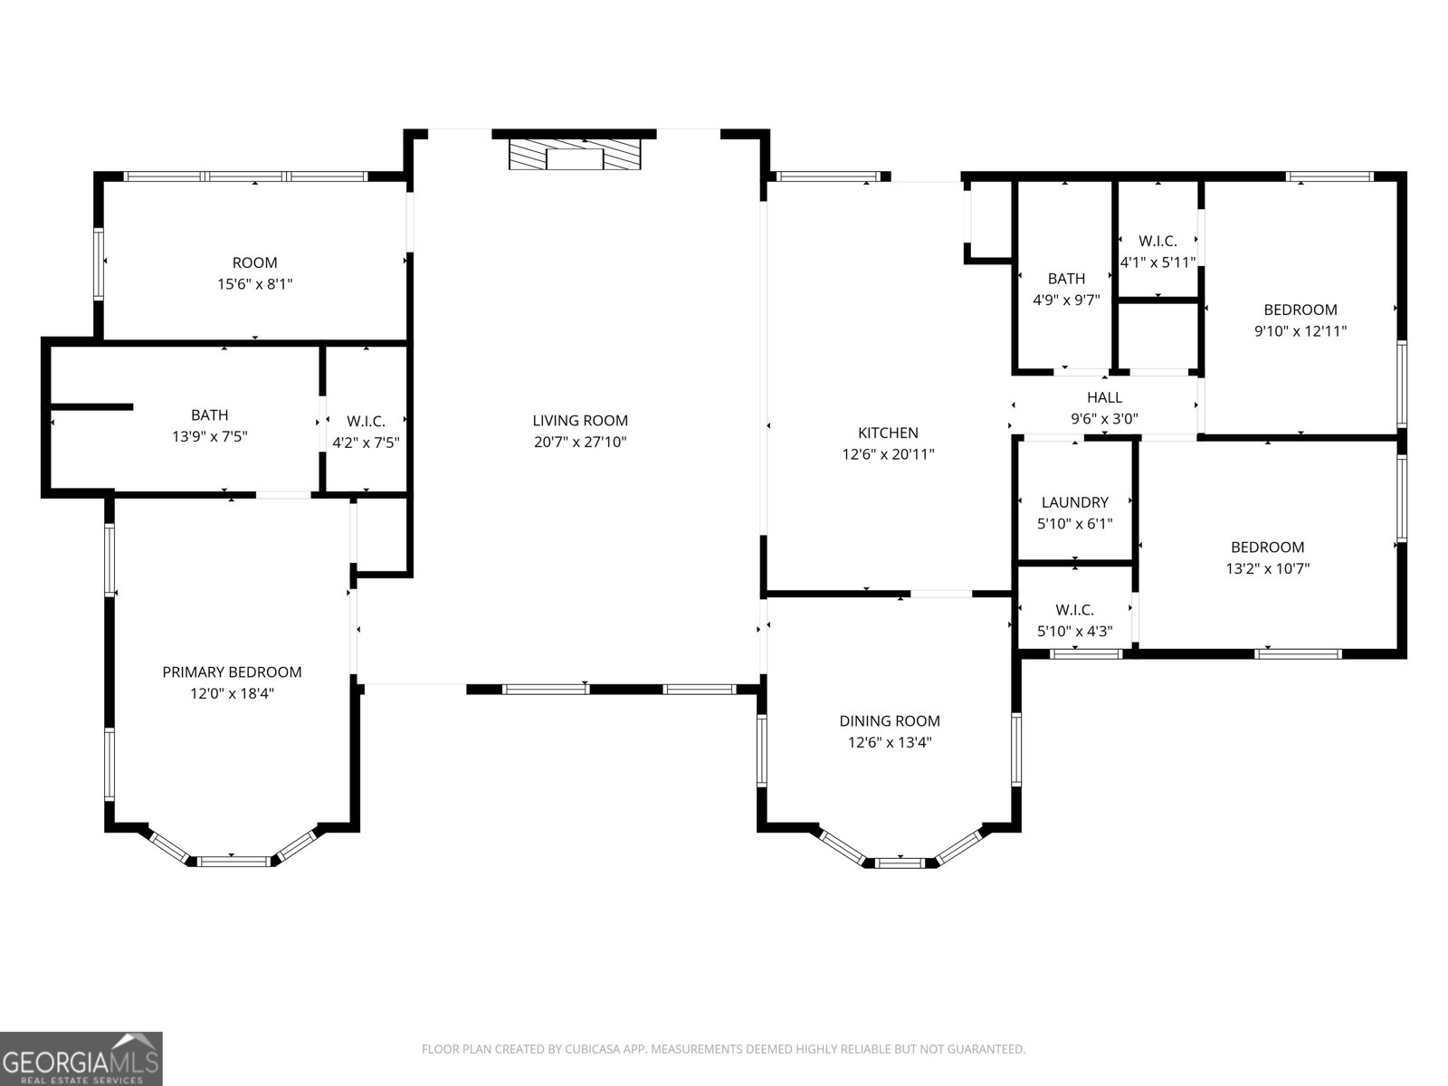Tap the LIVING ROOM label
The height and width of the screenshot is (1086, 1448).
(579, 420)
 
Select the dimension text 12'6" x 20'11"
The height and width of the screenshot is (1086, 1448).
(888, 454)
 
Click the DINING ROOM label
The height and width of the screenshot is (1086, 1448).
(889, 720)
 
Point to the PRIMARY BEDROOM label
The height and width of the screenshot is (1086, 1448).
(232, 672)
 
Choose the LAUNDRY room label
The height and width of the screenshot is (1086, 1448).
(1074, 502)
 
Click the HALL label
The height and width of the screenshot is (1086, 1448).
(1104, 397)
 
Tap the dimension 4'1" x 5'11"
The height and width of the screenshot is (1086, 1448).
(1157, 262)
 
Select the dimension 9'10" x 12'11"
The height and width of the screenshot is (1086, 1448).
(1300, 331)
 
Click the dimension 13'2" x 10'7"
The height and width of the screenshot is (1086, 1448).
(1267, 568)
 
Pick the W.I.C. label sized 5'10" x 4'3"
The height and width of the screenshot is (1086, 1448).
(1074, 610)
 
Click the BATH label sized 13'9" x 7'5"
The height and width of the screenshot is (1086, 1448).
(209, 415)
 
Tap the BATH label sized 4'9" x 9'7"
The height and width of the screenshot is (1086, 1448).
(1066, 279)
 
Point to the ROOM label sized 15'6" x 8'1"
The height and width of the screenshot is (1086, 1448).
(254, 262)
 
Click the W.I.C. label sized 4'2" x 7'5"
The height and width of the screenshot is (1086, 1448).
(366, 422)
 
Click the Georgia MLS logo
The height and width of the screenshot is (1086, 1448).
(81, 1058)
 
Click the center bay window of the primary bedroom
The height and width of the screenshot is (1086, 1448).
(233, 861)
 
